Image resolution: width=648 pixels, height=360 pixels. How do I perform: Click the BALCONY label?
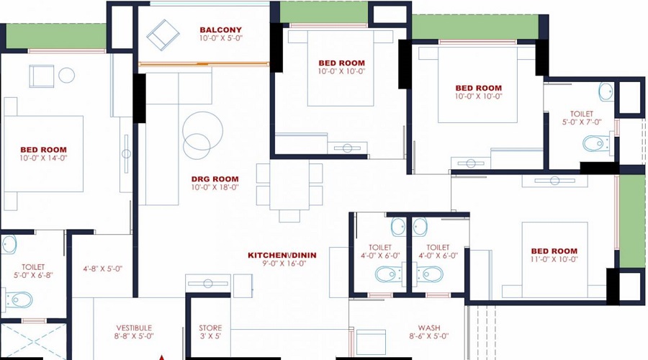click(221, 30)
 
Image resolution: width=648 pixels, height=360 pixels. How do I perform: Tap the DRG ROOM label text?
click(215, 179)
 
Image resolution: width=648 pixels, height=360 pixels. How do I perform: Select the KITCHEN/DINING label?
click(282, 255)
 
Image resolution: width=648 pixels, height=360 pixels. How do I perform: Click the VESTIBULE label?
click(134, 328)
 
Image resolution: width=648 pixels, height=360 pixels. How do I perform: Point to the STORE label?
click(210, 328)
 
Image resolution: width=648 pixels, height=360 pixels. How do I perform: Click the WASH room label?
click(429, 328)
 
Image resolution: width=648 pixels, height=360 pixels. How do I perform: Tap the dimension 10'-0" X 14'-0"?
click(43, 158)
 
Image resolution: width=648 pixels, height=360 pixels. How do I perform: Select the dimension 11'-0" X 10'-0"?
click(554, 259)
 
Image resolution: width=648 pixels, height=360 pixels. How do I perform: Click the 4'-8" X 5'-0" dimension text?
click(102, 269)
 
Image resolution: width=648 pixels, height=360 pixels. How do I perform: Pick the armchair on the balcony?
click(163, 35)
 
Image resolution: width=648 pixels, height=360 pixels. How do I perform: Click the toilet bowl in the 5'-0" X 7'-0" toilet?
click(596, 144)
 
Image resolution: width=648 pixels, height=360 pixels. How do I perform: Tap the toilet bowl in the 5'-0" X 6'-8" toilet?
click(19, 300)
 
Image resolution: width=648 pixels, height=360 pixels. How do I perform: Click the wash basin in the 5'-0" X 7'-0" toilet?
click(606, 92)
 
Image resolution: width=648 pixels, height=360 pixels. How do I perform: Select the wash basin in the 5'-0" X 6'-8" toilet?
click(9, 244)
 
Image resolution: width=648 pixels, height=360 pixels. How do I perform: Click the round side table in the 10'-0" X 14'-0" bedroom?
click(66, 75)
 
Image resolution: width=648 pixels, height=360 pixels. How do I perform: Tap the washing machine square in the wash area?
click(371, 342)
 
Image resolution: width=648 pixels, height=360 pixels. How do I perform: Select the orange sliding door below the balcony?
click(204, 64)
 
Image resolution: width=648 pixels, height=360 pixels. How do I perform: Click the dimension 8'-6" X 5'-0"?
click(429, 336)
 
